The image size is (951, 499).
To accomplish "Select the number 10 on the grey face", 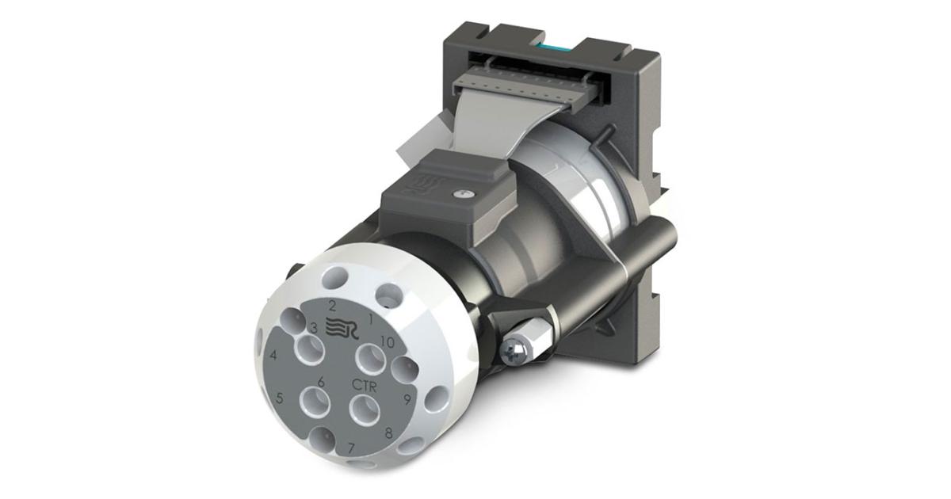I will click(x=388, y=342).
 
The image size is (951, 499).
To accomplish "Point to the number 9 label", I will click(x=407, y=399).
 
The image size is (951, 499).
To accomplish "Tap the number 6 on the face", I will click(x=320, y=382).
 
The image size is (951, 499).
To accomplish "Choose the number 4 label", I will click(x=273, y=356).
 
